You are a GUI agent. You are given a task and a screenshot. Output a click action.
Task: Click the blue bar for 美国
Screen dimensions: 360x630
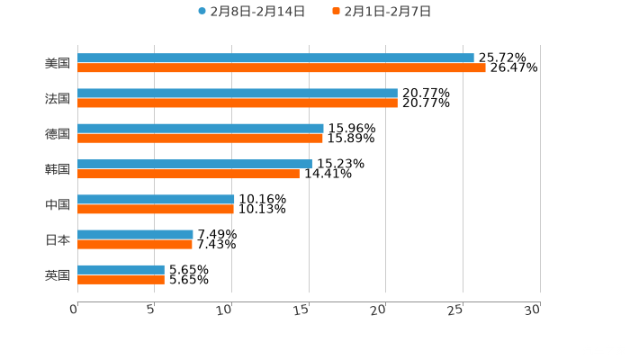pyautogui.click(x=275, y=58)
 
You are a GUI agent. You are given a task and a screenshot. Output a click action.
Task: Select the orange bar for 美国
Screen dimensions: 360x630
pyautogui.click(x=281, y=68)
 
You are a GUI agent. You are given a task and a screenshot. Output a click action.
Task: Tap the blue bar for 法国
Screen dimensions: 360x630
pyautogui.click(x=238, y=94)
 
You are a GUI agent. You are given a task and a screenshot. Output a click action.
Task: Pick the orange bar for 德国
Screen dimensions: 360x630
pyautogui.click(x=200, y=139)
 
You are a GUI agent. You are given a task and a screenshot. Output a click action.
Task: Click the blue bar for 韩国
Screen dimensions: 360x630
pyautogui.click(x=194, y=164)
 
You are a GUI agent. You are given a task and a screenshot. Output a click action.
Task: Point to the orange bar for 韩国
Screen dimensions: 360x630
pyautogui.click(x=188, y=174)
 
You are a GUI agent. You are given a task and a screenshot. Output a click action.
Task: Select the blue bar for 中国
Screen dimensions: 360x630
pyautogui.click(x=156, y=199)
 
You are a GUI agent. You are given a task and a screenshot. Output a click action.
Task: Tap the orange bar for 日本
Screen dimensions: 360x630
pyautogui.click(x=135, y=244)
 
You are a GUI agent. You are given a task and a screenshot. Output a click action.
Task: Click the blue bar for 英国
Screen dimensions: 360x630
pyautogui.click(x=121, y=269)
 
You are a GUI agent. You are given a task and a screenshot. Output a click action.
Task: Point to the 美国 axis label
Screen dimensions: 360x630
pyautogui.click(x=58, y=64)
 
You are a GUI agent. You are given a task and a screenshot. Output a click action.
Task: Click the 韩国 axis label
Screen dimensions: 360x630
pyautogui.click(x=58, y=169)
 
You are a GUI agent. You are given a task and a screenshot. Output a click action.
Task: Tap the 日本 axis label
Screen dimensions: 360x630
pyautogui.click(x=58, y=239)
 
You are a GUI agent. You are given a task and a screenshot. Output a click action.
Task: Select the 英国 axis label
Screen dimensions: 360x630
pyautogui.click(x=58, y=274)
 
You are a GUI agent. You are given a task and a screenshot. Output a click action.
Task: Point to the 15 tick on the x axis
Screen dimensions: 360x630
pyautogui.click(x=301, y=310)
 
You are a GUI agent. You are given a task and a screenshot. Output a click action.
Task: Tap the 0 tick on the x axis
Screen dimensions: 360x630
pyautogui.click(x=74, y=310)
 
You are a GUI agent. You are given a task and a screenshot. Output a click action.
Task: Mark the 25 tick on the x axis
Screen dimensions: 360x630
pyautogui.click(x=455, y=310)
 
